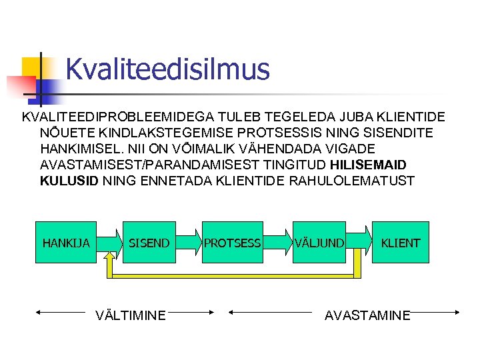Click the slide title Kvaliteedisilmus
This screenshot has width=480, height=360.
pos(167,69)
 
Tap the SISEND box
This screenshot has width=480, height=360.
pos(149,243)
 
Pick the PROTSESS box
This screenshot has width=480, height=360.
pos(232,243)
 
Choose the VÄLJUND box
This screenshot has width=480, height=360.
pos(319,243)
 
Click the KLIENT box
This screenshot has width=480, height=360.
pos(400,243)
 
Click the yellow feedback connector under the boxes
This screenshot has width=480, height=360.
pos(233,275)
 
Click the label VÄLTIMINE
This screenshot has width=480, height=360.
pos(131,315)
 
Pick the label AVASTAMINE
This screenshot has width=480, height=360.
pos(367,315)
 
